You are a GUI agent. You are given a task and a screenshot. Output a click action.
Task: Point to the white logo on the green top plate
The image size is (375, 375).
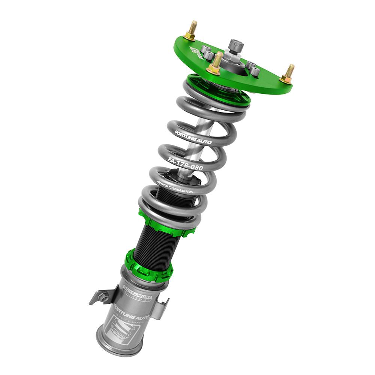[x=197, y=52]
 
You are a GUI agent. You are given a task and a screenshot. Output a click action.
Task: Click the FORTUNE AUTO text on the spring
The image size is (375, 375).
[x=193, y=137]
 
